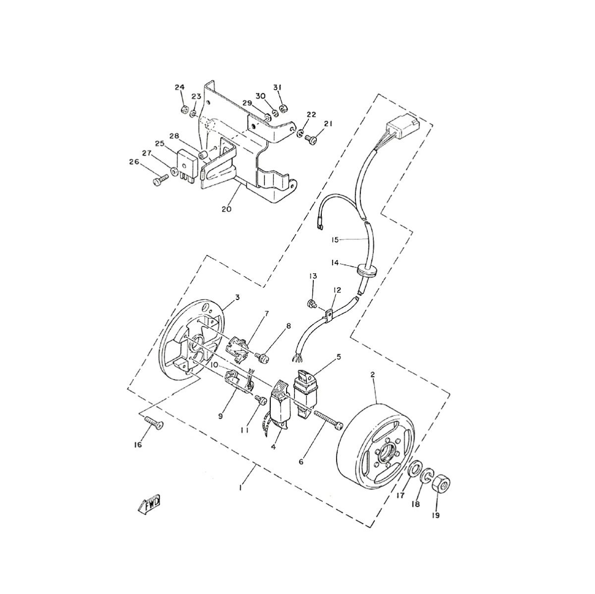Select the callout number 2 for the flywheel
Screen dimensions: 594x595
click(372, 376)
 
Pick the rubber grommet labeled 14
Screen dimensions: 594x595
click(366, 270)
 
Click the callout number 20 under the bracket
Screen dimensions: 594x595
click(226, 209)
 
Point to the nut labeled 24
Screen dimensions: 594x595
click(182, 109)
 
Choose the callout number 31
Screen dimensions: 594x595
click(277, 87)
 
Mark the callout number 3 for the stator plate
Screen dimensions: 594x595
click(238, 297)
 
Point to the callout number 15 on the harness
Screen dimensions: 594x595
click(335, 240)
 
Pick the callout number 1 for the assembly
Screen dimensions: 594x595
click(240, 488)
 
